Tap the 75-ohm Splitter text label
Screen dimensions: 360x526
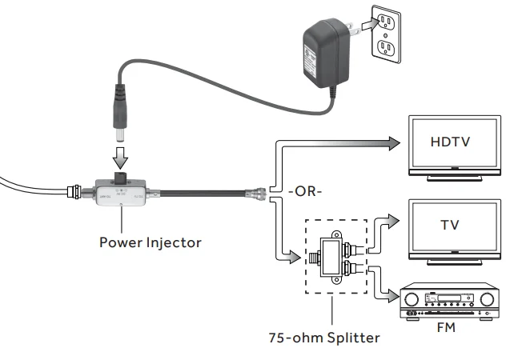click(x=324, y=337)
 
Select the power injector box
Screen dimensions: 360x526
click(x=121, y=193)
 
